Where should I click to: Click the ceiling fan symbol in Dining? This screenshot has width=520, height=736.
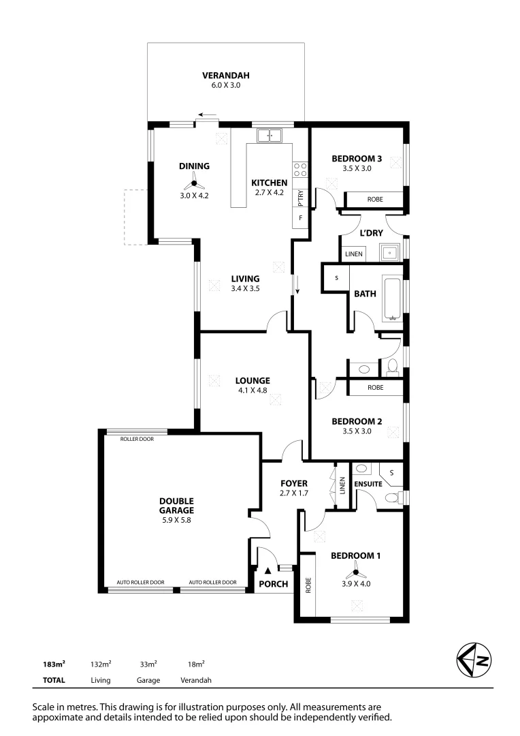pos(194,183)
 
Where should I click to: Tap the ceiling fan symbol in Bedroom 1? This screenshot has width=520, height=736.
pos(355,572)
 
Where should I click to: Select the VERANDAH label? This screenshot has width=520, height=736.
pos(226,75)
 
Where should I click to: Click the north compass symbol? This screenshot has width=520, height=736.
pos(472,659)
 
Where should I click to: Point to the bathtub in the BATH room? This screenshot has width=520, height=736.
pos(393,298)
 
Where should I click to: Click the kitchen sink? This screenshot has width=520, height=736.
pos(270,136)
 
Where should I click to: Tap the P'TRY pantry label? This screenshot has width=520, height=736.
pos(300,197)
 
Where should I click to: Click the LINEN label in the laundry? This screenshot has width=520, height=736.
pos(353,254)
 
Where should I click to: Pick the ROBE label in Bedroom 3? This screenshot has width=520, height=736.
pos(374,200)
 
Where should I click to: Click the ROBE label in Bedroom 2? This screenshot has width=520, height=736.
pos(374,387)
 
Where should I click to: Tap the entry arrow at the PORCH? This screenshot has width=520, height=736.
pos(268,570)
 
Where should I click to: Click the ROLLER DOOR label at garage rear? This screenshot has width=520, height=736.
pos(137,439)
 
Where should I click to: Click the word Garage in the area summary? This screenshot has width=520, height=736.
pos(148,680)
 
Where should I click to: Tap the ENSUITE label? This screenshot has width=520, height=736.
pos(368,485)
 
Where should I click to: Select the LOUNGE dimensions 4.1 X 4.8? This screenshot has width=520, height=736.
pos(253,391)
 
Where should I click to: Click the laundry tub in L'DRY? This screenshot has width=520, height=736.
pos(391,253)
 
